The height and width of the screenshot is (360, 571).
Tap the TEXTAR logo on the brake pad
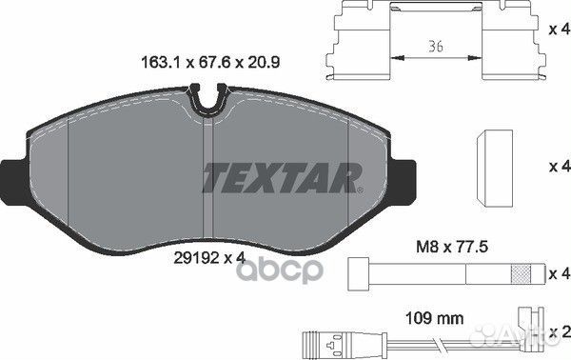(x=283, y=175)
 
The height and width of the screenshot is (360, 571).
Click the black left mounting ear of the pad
(x=11, y=174)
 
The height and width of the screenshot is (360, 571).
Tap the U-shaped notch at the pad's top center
(x=207, y=97)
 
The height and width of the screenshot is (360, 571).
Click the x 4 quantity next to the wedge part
(x=557, y=166)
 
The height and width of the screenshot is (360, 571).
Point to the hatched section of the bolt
(x=522, y=274)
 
